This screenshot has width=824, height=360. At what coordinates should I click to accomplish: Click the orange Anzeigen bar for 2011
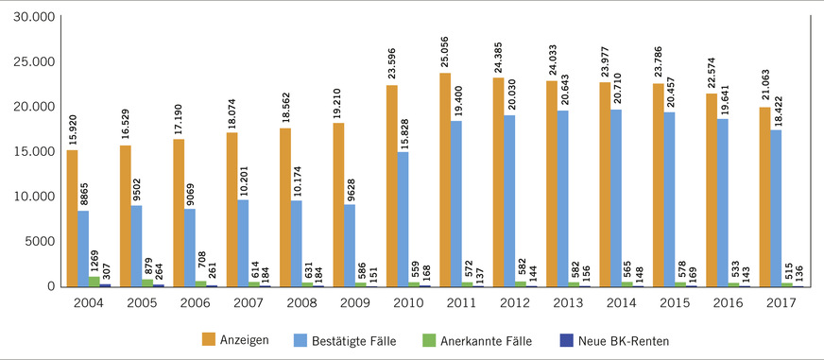445,180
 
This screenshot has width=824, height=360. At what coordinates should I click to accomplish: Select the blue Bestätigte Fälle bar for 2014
616,197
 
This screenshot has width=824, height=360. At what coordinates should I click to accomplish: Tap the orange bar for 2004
73,217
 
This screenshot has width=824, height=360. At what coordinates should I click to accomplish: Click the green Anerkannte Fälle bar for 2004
93,281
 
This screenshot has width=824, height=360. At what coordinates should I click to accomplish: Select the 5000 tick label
38,241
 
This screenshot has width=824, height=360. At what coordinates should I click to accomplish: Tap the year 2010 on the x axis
408,302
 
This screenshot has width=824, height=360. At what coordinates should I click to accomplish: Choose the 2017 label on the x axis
781,302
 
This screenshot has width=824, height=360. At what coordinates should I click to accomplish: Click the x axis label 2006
196,302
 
